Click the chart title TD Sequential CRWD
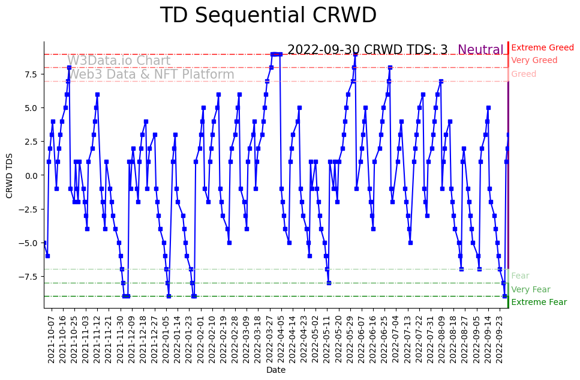(268, 16)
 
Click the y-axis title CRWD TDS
(9, 175)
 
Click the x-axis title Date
(276, 370)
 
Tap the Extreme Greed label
(542, 47)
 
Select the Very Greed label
(534, 61)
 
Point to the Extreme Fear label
(539, 302)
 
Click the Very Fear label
(530, 289)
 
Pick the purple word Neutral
(480, 50)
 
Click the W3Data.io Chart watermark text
(119, 61)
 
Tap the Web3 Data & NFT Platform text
(151, 74)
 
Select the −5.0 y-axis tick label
(29, 243)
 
